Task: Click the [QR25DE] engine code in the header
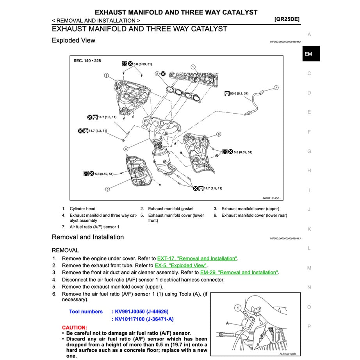tap(287, 19)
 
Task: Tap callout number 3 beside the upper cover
tap(106, 75)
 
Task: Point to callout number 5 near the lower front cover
tap(107, 189)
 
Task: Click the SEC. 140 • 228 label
tap(87, 61)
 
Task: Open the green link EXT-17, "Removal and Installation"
tap(197, 258)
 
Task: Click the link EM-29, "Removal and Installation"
tap(239, 273)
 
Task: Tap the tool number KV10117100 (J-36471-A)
tap(143, 319)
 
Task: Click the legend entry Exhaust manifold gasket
tap(171, 209)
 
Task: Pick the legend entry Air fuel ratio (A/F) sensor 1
tap(94, 226)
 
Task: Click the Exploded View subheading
tap(73, 40)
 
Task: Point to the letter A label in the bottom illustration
tap(227, 323)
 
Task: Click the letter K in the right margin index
tap(309, 229)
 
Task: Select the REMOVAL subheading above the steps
tap(65, 250)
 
